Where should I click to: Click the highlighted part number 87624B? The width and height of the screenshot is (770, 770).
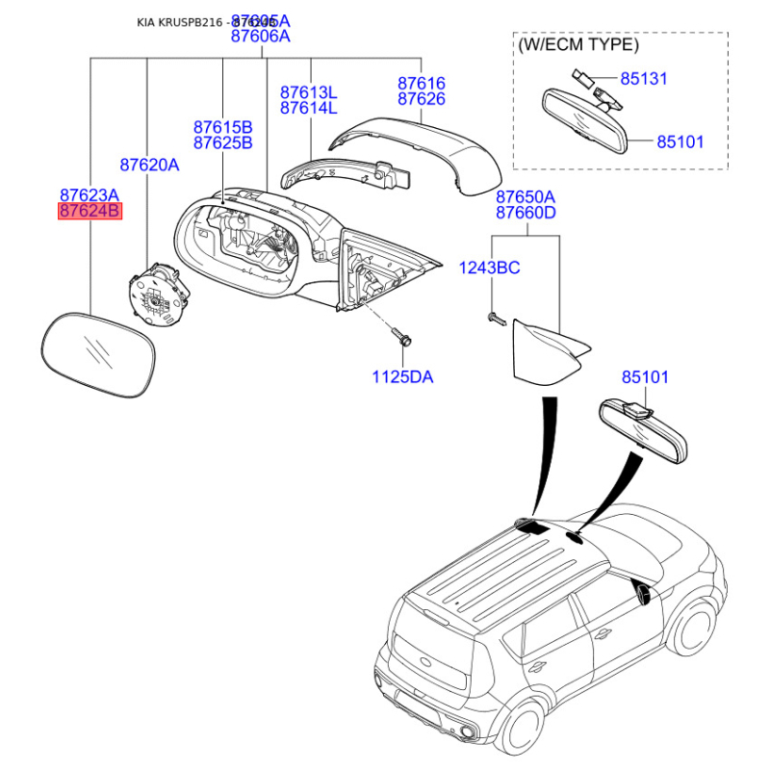coord(90,211)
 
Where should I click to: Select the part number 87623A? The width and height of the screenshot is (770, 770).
coord(90,193)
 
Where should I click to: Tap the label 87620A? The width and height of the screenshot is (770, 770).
coord(149,165)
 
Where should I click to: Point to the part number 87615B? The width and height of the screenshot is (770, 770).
coord(222,127)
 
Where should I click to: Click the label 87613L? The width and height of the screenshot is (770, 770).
coord(309,92)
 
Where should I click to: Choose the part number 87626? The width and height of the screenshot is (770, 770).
coord(422,100)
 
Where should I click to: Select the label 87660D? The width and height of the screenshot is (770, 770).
coord(526,213)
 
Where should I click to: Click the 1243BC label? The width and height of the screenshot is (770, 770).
coord(489,268)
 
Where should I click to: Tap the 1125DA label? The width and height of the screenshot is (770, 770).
coord(402,377)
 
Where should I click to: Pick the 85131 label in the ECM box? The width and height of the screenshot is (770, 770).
coord(644,78)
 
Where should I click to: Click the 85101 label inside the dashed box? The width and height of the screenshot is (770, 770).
coord(680,141)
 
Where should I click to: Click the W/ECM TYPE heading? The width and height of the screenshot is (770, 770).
coord(577,44)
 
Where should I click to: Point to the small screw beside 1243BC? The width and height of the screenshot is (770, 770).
coord(496,318)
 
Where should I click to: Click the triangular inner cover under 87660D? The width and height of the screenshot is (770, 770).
coord(544,352)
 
